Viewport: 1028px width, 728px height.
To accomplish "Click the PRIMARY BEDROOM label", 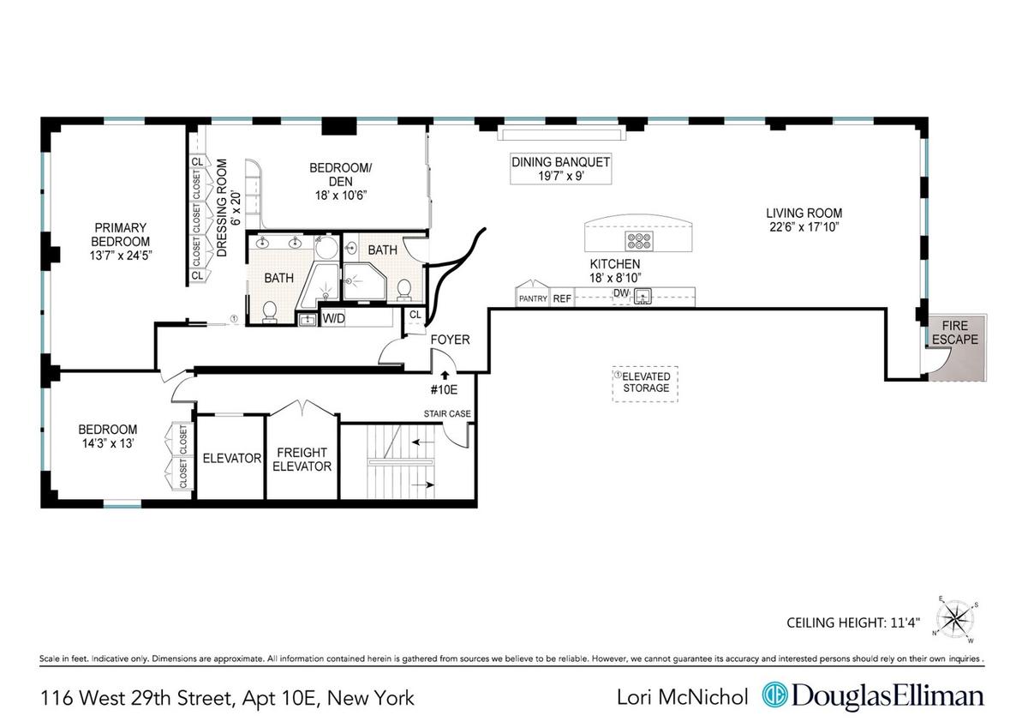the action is coord(120,235).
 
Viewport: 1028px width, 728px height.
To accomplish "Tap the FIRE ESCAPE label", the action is coord(955,333).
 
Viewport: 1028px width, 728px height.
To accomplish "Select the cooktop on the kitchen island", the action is coord(639,241).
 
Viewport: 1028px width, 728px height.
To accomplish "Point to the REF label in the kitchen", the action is coord(562,299).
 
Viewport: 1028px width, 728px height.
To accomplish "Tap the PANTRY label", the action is coord(533,299).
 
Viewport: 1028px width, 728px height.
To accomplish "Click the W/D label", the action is coord(333,318).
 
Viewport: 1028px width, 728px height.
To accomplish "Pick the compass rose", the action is coord(954,619).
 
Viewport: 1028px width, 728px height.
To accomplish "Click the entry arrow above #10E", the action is coord(445,375).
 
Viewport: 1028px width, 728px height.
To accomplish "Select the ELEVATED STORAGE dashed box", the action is coord(645,384).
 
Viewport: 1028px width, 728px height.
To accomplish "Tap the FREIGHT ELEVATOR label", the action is coord(302,460).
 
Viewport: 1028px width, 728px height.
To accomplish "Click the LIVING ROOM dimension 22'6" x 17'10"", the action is coord(804,227).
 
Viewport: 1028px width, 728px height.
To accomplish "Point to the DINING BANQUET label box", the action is coord(561,169).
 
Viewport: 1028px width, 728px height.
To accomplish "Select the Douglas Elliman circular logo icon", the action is coord(774,695).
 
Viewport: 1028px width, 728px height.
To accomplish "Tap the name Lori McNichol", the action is coord(683,697).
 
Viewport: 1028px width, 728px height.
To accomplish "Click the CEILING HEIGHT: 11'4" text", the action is coord(853,623).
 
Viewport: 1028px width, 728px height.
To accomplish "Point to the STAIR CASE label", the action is coord(447,414).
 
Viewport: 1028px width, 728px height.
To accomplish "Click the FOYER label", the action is coord(451,340).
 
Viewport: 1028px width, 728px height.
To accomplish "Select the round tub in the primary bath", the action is coord(326,248).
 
